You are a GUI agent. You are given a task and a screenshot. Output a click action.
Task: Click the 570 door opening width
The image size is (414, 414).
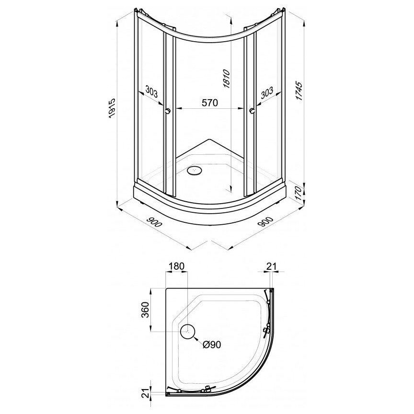[x=209, y=103]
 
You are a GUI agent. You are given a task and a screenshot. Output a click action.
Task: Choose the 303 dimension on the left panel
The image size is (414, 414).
[x=150, y=91]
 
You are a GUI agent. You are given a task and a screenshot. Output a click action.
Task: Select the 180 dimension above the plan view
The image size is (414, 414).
[x=176, y=266]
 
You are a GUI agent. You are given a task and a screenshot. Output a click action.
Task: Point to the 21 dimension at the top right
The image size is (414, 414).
[x=272, y=266]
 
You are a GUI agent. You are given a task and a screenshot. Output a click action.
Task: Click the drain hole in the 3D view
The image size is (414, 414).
[x=196, y=170]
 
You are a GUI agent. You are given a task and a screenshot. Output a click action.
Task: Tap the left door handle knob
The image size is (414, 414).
[x=167, y=111]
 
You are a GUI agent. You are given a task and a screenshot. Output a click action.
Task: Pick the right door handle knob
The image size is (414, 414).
[x=251, y=111]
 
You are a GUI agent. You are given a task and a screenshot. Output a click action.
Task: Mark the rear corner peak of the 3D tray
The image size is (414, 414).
[x=209, y=139]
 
